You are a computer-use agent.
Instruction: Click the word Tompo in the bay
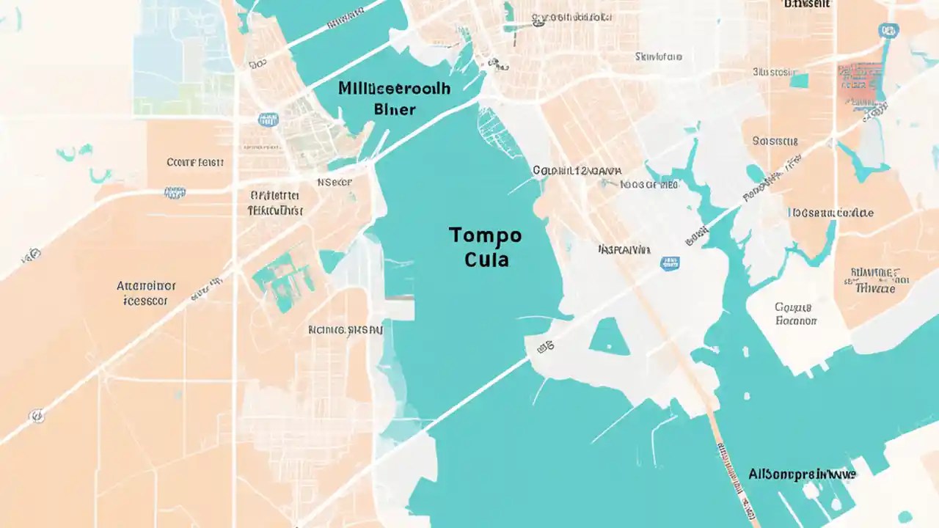[485, 235]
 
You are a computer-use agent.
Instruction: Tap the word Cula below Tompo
[486, 260]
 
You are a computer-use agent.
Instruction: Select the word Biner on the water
[395, 110]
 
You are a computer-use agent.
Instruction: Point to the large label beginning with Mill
[395, 88]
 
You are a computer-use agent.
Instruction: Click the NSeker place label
[334, 182]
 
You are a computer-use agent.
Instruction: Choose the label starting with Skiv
[658, 56]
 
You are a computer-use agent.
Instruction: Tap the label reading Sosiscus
[775, 140]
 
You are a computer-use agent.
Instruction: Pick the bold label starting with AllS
[802, 474]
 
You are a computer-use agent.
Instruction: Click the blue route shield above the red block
[888, 30]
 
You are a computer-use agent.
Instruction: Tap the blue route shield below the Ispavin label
[669, 263]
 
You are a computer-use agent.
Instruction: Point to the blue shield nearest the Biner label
[268, 120]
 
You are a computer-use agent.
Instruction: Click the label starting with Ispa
[624, 249]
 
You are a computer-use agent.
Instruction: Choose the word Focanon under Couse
[795, 320]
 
